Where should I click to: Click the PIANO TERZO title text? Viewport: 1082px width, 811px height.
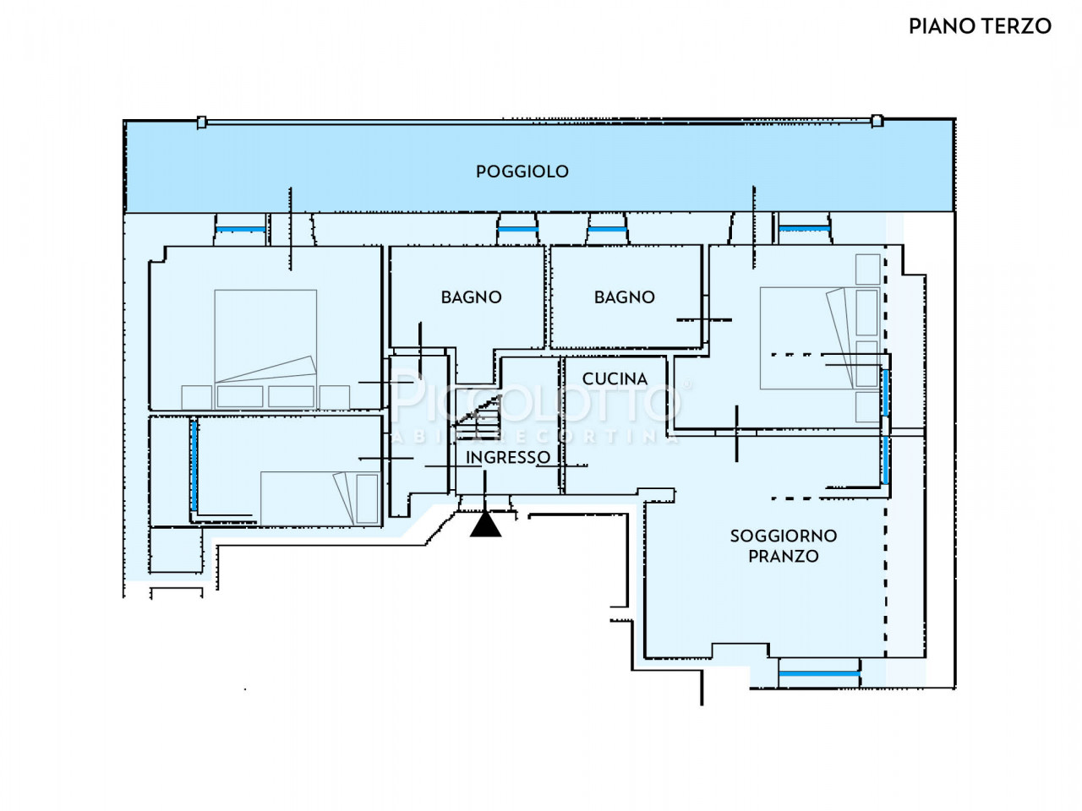980,26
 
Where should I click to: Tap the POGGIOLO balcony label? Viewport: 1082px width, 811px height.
522,171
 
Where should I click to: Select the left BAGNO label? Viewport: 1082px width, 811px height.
471,297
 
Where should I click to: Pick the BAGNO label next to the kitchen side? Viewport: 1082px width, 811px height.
625,297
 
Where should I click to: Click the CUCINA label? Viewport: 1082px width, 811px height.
615,378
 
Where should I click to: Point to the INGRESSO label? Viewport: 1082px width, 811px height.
508,457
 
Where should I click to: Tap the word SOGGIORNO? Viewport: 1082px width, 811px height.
784,536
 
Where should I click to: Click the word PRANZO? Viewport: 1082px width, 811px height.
784,556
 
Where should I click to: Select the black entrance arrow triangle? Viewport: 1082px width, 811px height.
485,524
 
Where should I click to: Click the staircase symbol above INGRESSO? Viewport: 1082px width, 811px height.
477,416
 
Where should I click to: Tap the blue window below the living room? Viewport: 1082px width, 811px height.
819,673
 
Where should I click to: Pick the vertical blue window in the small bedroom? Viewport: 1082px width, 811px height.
194,465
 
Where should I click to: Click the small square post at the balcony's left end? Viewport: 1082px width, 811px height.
201,122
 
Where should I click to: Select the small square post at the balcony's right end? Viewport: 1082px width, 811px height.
877,121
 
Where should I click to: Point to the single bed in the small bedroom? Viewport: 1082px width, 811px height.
320,498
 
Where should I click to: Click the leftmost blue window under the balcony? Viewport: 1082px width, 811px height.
241,230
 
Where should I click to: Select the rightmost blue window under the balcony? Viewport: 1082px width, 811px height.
805,228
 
